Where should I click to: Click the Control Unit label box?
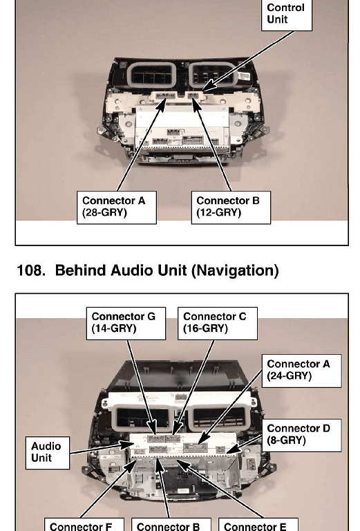286,15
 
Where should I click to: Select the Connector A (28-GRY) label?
117,207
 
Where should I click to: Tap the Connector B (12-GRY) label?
231,207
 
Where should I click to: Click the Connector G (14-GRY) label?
126,324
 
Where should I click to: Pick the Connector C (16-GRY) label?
218,324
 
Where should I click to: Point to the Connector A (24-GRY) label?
301,371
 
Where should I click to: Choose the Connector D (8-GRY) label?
301,435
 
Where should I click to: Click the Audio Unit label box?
48,453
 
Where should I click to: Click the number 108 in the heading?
31,270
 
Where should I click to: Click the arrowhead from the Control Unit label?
210,86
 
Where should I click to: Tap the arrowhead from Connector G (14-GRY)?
153,427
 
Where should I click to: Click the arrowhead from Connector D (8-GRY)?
234,449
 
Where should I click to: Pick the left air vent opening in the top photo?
151,75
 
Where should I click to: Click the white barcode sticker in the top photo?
244,76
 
